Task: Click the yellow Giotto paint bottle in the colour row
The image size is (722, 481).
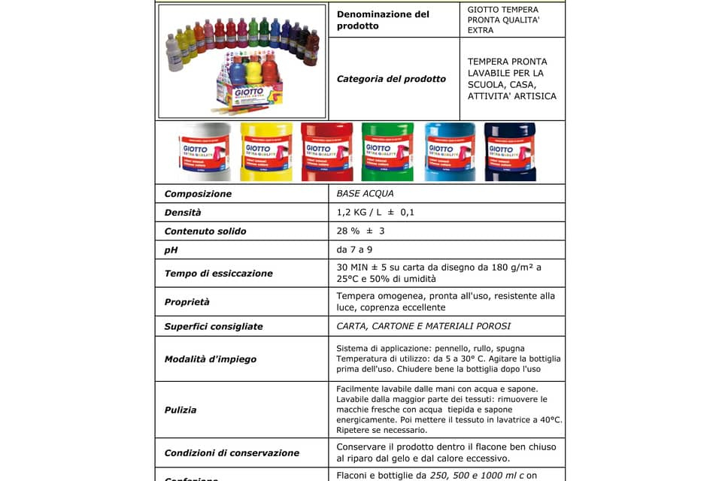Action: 266,152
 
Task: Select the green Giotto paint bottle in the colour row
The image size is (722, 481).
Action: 387,152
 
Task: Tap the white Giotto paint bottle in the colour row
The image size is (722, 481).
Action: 205,152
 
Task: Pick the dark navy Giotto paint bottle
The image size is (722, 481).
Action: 510,152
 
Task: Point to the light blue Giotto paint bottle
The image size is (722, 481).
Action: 450,152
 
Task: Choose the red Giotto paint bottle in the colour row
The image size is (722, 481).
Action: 326,152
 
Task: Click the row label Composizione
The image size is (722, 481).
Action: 198,194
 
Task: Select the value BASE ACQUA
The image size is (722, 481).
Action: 366,194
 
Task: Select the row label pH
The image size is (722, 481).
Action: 171,250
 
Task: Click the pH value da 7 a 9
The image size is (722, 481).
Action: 354,250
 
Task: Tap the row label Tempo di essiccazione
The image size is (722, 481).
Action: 218,274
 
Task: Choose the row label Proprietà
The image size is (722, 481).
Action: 187,302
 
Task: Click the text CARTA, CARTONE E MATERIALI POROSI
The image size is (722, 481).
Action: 423,326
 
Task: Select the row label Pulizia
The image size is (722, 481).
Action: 180,410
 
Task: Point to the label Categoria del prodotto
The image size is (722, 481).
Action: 391,79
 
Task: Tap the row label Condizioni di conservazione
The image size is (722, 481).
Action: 232,452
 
